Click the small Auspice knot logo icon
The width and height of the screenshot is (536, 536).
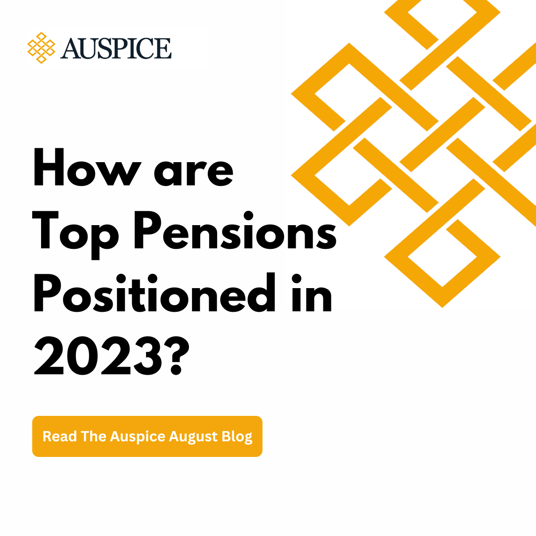41,47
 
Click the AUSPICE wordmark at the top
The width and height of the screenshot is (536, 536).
116,48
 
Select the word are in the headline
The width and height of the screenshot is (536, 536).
193,171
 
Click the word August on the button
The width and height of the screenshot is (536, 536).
194,437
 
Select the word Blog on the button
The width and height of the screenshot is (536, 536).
237,437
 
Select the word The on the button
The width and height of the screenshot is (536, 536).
93,436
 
